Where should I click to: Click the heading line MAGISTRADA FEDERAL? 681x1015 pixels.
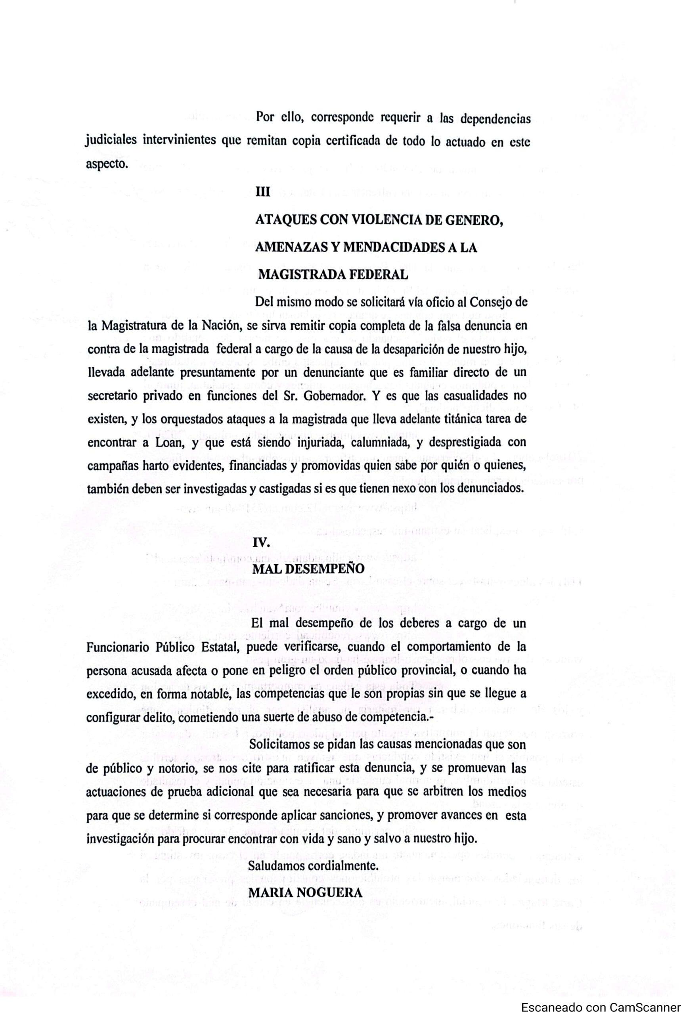pos(333,275)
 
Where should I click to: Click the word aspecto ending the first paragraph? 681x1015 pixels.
pos(106,165)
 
